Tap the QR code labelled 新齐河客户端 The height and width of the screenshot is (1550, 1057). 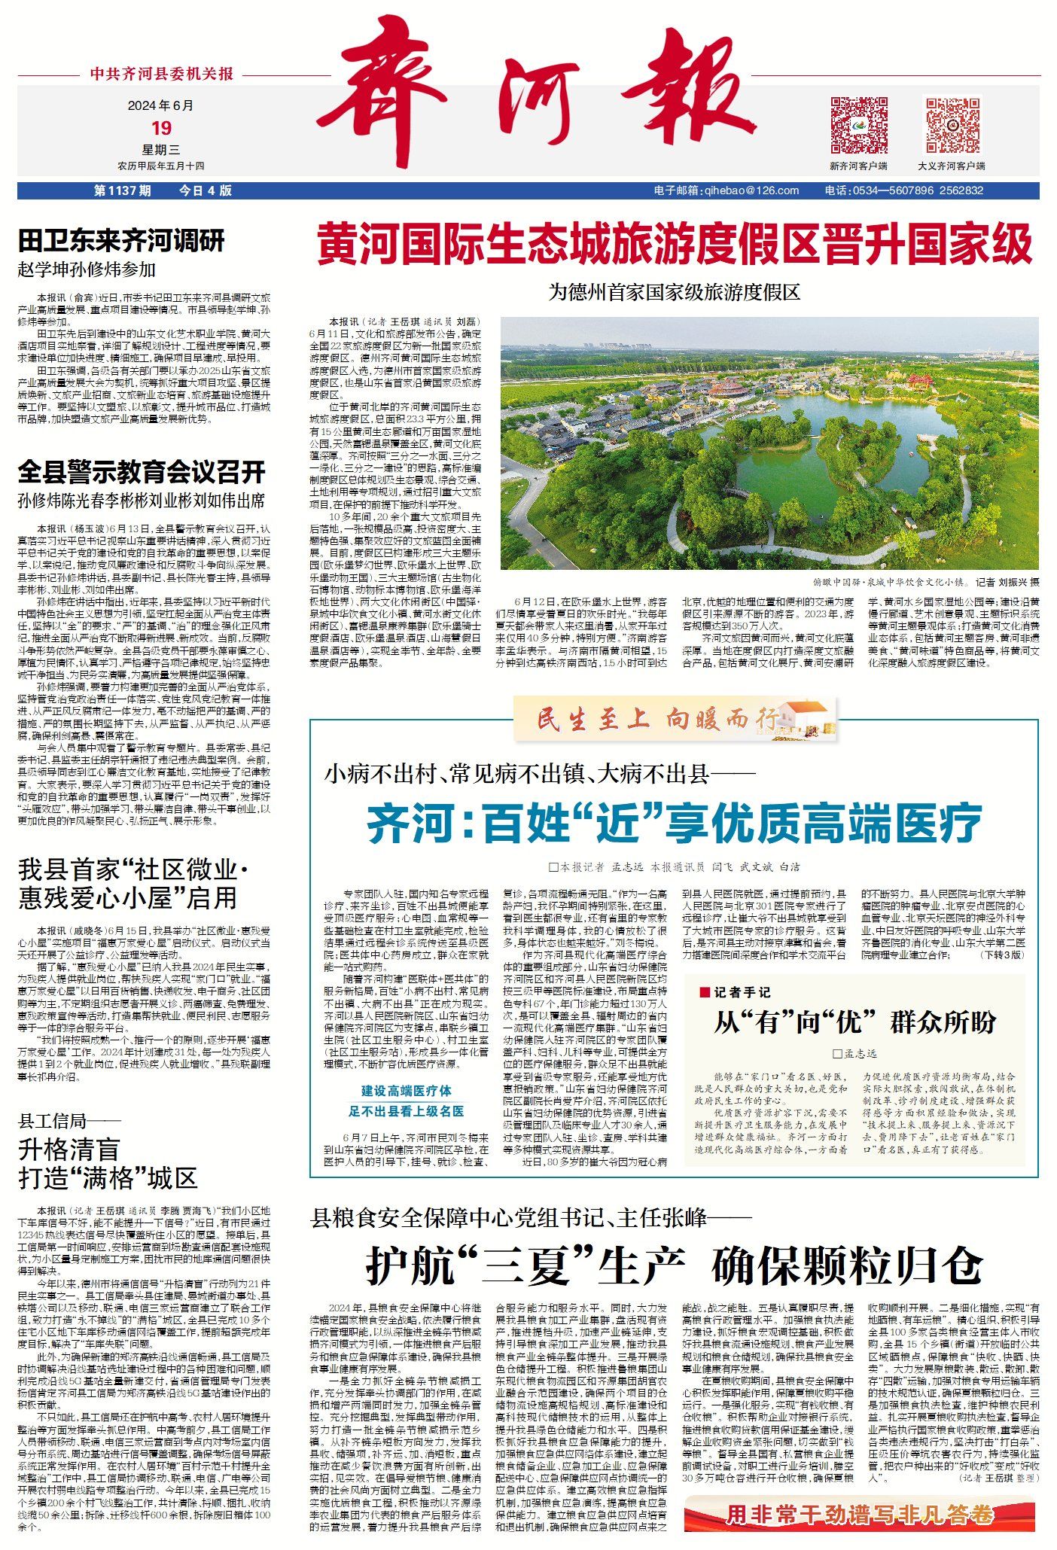858,125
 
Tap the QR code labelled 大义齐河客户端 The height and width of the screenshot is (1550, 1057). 952,125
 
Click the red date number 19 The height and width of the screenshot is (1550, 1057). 161,128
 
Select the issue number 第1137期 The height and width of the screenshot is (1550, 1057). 122,190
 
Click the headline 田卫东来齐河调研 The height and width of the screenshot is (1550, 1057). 121,241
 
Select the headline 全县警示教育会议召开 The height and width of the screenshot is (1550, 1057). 142,472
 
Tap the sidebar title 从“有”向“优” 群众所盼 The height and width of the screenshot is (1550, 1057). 854,1022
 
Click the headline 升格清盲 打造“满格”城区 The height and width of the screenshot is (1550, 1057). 108,1164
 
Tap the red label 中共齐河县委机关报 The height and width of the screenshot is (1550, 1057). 162,74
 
